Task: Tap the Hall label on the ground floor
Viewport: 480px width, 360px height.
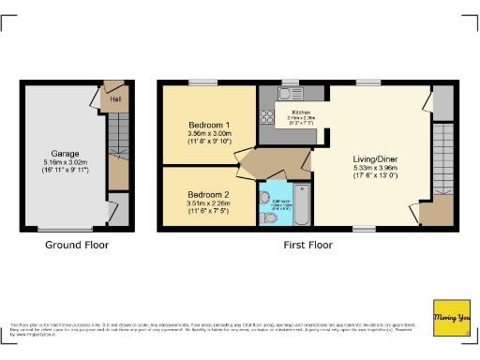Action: [x=115, y=98]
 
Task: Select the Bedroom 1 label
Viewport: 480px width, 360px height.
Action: [x=209, y=125]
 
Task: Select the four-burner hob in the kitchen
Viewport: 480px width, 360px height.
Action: [x=266, y=117]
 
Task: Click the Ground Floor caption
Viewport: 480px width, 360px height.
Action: [x=77, y=245]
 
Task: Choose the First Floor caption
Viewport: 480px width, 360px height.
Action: [x=308, y=245]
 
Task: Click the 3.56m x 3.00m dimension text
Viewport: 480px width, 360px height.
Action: [x=209, y=134]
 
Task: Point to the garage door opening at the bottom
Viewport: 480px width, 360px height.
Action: [x=65, y=229]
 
